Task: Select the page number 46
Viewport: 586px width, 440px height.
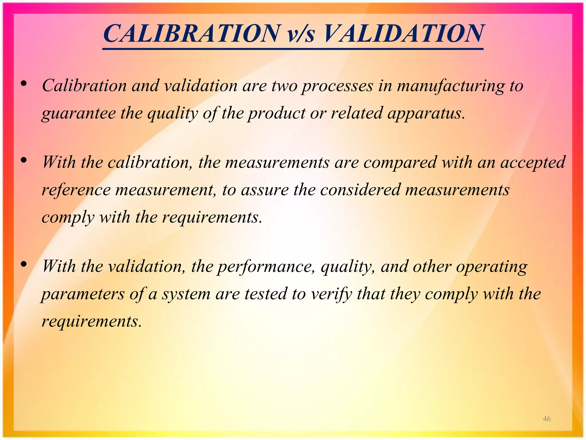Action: pos(547,419)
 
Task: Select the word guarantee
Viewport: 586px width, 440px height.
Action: pos(78,113)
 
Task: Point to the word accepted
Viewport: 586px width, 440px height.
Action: pos(533,163)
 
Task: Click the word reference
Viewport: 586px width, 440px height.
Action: pos(76,190)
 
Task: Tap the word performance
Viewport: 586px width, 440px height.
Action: pos(266,267)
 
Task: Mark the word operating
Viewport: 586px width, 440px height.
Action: pos(491,267)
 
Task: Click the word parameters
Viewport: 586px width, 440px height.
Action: pos(83,294)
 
